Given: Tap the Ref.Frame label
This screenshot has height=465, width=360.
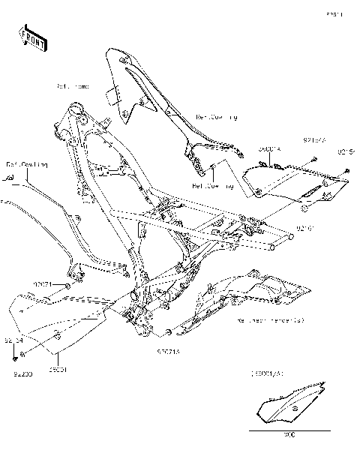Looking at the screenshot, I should coord(73,87).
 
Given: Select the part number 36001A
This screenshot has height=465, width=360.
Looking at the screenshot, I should coord(270,149).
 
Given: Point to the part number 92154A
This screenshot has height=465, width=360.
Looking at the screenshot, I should coord(315,140).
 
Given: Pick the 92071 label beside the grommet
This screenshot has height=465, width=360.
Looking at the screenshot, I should coord(41,285).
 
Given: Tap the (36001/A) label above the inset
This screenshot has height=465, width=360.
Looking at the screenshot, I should coord(268,373).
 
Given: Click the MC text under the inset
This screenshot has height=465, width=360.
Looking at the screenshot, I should coord(289,436).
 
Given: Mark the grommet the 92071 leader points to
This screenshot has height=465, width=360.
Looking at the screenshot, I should coord(67,286).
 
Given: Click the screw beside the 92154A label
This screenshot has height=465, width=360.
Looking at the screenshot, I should coord(313,158).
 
